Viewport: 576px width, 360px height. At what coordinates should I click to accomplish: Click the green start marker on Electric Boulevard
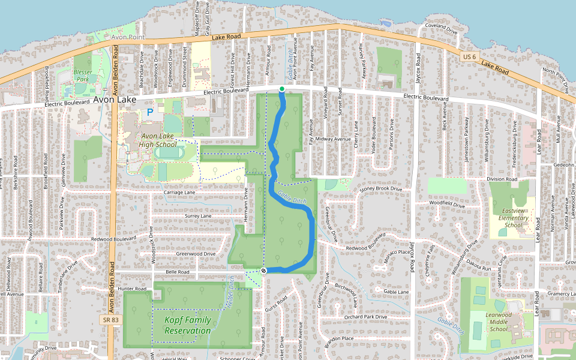(x=282, y=89)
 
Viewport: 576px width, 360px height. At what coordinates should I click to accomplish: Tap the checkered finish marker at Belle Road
(x=263, y=271)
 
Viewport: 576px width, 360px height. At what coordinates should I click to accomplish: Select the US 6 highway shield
(x=470, y=56)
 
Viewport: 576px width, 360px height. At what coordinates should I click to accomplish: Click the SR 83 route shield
(x=107, y=320)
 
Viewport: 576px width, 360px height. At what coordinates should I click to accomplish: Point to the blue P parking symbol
(x=150, y=112)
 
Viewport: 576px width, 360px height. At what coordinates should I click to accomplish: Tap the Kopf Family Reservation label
(x=188, y=325)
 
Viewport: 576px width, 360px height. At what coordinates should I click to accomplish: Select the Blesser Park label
(x=83, y=75)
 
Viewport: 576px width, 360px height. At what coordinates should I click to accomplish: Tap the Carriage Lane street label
(x=179, y=192)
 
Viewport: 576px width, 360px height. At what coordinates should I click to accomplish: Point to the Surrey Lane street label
(x=199, y=215)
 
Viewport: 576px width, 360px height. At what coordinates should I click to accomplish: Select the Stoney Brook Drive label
(x=380, y=189)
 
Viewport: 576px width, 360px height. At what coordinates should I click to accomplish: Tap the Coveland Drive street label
(x=441, y=26)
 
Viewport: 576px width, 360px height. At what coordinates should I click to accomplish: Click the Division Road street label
(x=502, y=179)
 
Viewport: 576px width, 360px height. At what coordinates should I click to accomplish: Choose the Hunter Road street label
(x=132, y=289)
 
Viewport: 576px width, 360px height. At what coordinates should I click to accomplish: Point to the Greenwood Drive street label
(x=196, y=254)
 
